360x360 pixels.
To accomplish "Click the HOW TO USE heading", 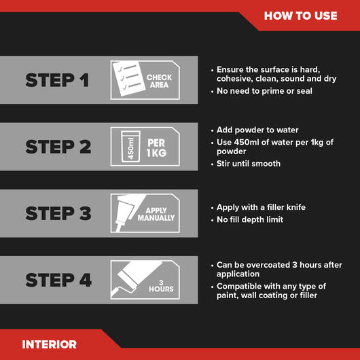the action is point(300,16).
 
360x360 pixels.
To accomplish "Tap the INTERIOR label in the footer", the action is point(49,344).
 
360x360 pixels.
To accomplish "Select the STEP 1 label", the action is point(57,80).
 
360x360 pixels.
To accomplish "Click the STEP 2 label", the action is point(58,147).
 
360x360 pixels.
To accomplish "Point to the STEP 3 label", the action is point(58,213).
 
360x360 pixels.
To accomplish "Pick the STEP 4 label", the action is point(58,280).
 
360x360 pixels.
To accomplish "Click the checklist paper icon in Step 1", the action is point(129,79).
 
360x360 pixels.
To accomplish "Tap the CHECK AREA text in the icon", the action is point(159,81).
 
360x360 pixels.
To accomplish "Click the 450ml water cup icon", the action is point(130,147).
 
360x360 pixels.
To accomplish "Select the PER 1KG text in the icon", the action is point(156,148).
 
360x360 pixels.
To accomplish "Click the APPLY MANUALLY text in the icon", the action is point(156,214).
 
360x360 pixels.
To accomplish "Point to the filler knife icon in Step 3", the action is point(128,213).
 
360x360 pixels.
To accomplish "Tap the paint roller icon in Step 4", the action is point(135,279).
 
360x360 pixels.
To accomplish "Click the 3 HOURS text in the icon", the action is point(161,286).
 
